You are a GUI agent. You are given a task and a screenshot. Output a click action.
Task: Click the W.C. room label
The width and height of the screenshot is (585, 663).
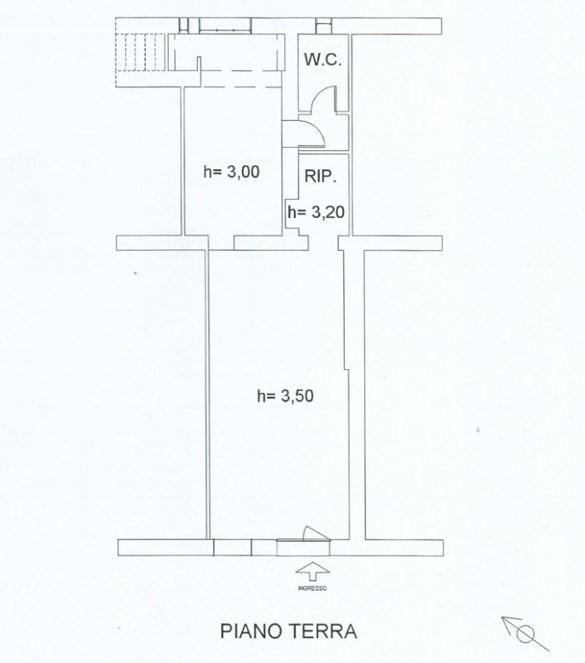(323, 60)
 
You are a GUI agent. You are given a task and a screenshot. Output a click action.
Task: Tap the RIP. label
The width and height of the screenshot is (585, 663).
(321, 176)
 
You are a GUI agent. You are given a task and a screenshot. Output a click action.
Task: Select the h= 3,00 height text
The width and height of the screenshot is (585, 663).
(232, 172)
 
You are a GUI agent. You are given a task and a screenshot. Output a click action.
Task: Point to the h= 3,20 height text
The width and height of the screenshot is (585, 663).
(317, 212)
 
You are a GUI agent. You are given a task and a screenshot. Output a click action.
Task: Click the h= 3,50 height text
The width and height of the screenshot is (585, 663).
(285, 396)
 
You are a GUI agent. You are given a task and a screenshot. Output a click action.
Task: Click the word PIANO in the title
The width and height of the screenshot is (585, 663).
(252, 632)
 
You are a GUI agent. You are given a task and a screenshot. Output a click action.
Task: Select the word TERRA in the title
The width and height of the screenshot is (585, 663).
(323, 632)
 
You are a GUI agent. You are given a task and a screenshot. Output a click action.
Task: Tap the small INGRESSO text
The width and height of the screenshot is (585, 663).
(312, 588)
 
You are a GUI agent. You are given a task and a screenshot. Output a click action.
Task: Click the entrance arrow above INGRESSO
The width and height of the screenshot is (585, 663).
(312, 571)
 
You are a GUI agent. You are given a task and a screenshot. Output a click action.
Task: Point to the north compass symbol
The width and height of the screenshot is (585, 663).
(525, 634)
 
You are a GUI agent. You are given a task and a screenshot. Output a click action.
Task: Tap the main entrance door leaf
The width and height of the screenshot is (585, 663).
(315, 532)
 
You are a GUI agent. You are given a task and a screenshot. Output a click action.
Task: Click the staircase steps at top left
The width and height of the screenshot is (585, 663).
(140, 51)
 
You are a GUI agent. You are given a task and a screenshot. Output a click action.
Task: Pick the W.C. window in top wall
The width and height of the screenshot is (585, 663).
(324, 26)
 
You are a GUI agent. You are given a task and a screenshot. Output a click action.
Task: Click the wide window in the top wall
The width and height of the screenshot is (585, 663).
(225, 26)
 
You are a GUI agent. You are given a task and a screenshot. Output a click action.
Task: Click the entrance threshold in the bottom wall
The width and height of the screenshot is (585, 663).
(302, 548)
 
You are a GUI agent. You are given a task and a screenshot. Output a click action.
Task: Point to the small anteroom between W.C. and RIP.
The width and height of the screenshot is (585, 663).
(324, 132)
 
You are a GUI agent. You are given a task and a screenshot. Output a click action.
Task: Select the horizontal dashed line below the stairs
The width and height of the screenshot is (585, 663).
(241, 87)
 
